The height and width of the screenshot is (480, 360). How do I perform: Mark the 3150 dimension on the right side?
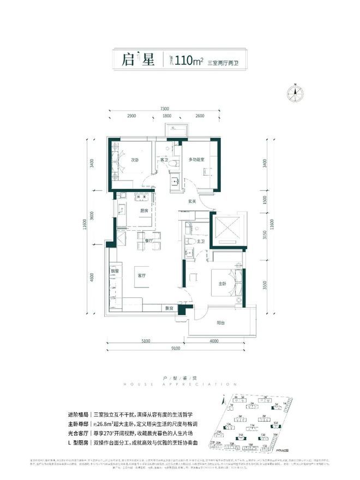[x=263, y=235]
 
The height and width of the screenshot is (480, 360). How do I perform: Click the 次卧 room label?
[x=135, y=160]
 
